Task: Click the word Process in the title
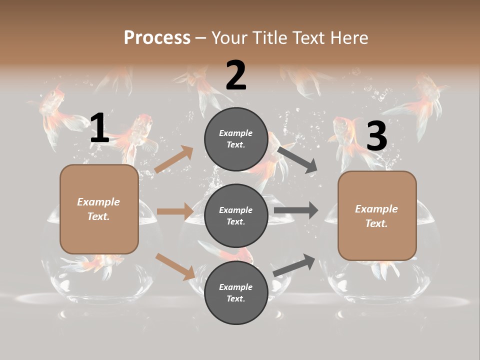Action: click(x=157, y=38)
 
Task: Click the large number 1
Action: click(x=99, y=128)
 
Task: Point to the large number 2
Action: click(x=236, y=75)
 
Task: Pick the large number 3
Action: click(x=376, y=136)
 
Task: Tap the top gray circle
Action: click(x=236, y=139)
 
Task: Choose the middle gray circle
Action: click(x=236, y=216)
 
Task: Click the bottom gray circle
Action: click(x=236, y=293)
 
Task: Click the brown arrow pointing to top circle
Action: click(x=174, y=159)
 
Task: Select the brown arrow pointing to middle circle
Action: click(x=175, y=211)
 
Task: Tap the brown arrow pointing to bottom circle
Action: click(x=175, y=266)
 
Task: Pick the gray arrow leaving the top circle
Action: click(x=297, y=159)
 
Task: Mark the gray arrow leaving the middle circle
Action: click(x=295, y=210)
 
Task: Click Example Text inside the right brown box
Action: click(x=376, y=216)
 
